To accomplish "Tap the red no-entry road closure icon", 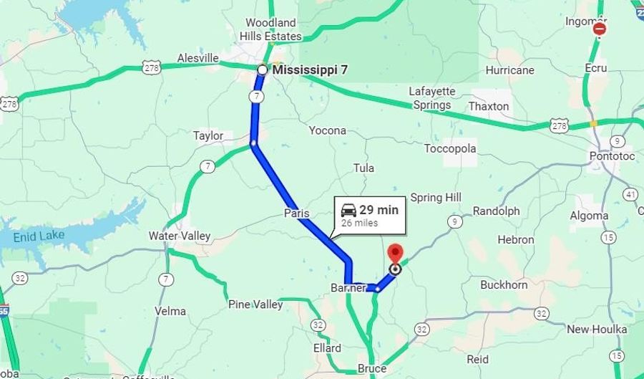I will [600, 29].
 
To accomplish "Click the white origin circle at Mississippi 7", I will [262, 69].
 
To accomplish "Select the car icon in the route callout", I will [348, 210].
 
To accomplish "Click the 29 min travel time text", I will [379, 210].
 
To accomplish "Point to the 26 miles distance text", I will [359, 223].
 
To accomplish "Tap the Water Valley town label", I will [180, 236].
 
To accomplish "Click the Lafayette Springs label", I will [431, 98].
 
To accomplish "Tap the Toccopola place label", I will [450, 148].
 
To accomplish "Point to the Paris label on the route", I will [296, 213].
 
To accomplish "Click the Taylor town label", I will [208, 135].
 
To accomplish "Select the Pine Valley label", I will [255, 304].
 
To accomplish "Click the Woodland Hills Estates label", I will [270, 29].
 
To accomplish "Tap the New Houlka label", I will [597, 329].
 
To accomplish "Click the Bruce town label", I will [372, 368].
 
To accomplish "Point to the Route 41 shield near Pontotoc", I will [630, 194].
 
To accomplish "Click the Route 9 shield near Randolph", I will [454, 222].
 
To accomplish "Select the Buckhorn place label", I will [504, 284].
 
